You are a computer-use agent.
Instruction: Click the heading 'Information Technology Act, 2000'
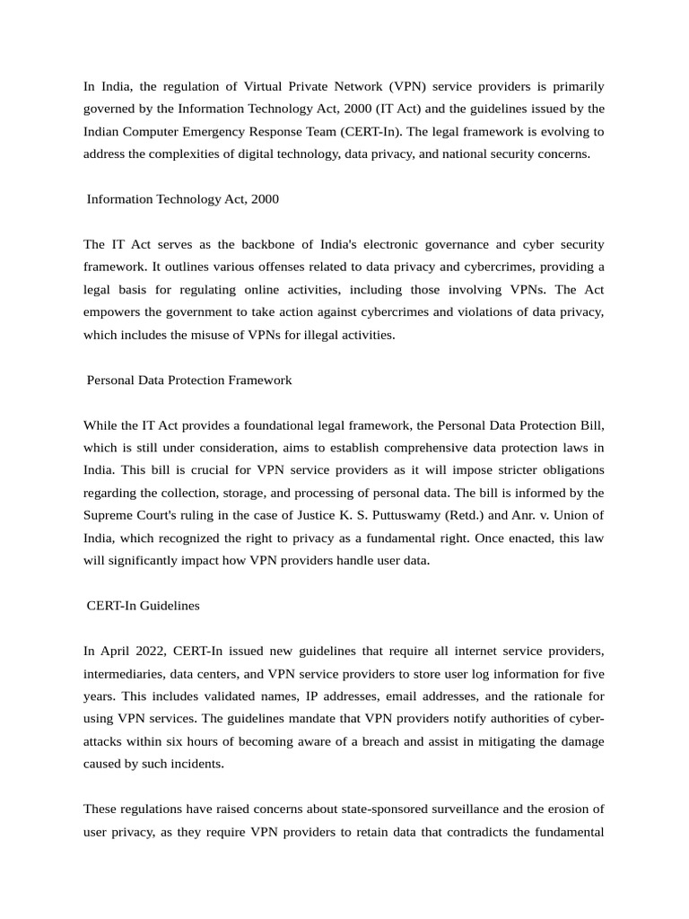182,199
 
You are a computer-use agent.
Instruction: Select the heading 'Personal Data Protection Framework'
189,380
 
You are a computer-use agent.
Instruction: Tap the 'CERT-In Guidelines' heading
143,606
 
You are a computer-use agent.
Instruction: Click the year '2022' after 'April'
145,651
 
